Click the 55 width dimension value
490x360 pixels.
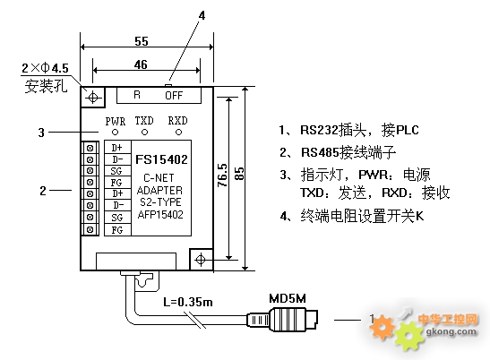coord(142,41)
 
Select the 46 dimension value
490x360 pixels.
coord(141,64)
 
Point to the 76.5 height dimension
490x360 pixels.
coord(222,175)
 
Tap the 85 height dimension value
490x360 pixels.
coord(239,174)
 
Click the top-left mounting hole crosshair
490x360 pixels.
coord(93,98)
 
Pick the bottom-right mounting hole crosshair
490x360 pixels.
coord(201,260)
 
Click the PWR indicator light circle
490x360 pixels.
coord(116,133)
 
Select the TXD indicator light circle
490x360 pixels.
coord(144,133)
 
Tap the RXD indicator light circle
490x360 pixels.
coord(178,133)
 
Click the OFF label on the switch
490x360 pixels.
coord(174,95)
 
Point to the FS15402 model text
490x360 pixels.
coord(161,159)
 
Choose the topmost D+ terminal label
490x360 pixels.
coord(117,147)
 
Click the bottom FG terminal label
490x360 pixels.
coord(117,230)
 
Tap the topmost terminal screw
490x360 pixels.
coord(90,148)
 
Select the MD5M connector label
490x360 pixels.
coord(288,298)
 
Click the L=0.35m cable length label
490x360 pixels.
coord(188,302)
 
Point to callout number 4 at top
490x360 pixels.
coord(202,15)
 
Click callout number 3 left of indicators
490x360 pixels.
coord(41,133)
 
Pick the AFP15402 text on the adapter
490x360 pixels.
coord(160,215)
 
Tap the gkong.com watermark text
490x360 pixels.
coord(451,331)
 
